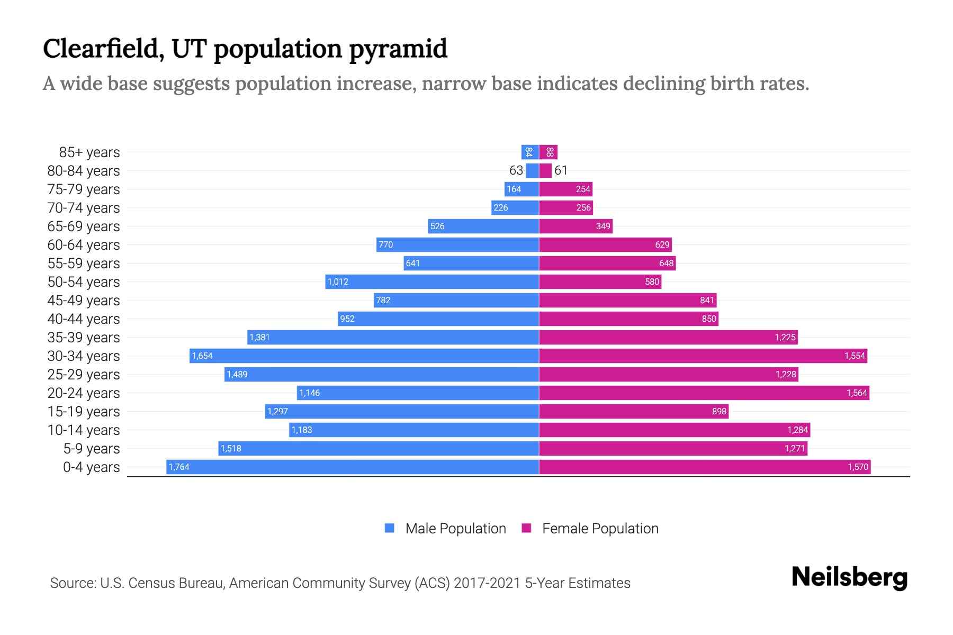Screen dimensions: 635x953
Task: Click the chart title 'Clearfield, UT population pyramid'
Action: point(245,49)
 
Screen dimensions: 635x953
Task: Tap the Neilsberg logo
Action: point(849,577)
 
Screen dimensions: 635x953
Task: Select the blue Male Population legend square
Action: point(390,528)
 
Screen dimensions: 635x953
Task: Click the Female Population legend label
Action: point(600,529)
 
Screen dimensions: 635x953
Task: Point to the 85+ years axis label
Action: point(89,152)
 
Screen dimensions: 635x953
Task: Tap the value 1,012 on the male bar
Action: point(338,282)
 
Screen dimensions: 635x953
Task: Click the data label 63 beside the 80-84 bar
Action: point(516,170)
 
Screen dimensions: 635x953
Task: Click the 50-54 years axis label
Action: point(84,282)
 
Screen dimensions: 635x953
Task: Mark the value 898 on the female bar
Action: point(719,411)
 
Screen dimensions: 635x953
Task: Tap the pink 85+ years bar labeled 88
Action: point(549,152)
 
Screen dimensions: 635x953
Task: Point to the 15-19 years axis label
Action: point(84,412)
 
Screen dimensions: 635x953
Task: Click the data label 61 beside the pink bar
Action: point(561,170)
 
